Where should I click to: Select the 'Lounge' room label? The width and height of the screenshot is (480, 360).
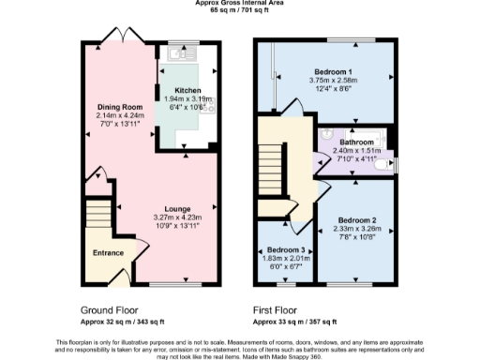(x=177, y=208)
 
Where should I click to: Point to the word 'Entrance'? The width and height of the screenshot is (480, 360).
(x=108, y=252)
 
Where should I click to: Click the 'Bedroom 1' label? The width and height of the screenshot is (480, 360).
(x=333, y=72)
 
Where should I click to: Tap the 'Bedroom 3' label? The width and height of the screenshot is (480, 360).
(x=285, y=250)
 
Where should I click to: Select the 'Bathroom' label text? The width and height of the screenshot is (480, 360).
(x=356, y=142)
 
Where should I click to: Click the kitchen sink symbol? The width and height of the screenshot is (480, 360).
(x=175, y=53)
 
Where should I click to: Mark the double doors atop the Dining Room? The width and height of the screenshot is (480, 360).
(x=120, y=35)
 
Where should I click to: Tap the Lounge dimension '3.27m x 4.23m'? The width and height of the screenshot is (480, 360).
(x=177, y=217)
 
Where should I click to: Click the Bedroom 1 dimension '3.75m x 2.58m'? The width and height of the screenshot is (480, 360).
(x=333, y=81)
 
